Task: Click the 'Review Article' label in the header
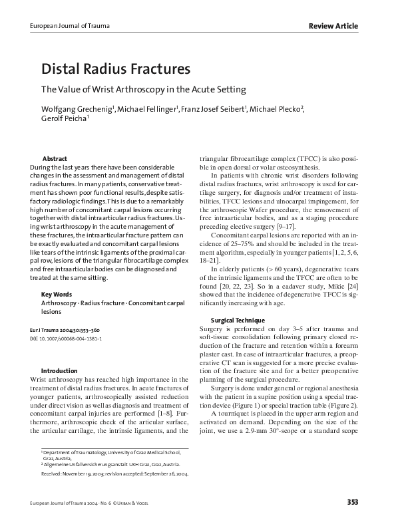(x=333, y=26)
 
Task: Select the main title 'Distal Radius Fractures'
(x=116, y=68)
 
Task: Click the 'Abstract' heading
(x=54, y=159)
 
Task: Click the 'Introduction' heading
(x=59, y=370)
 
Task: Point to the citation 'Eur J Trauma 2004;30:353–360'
(x=73, y=329)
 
